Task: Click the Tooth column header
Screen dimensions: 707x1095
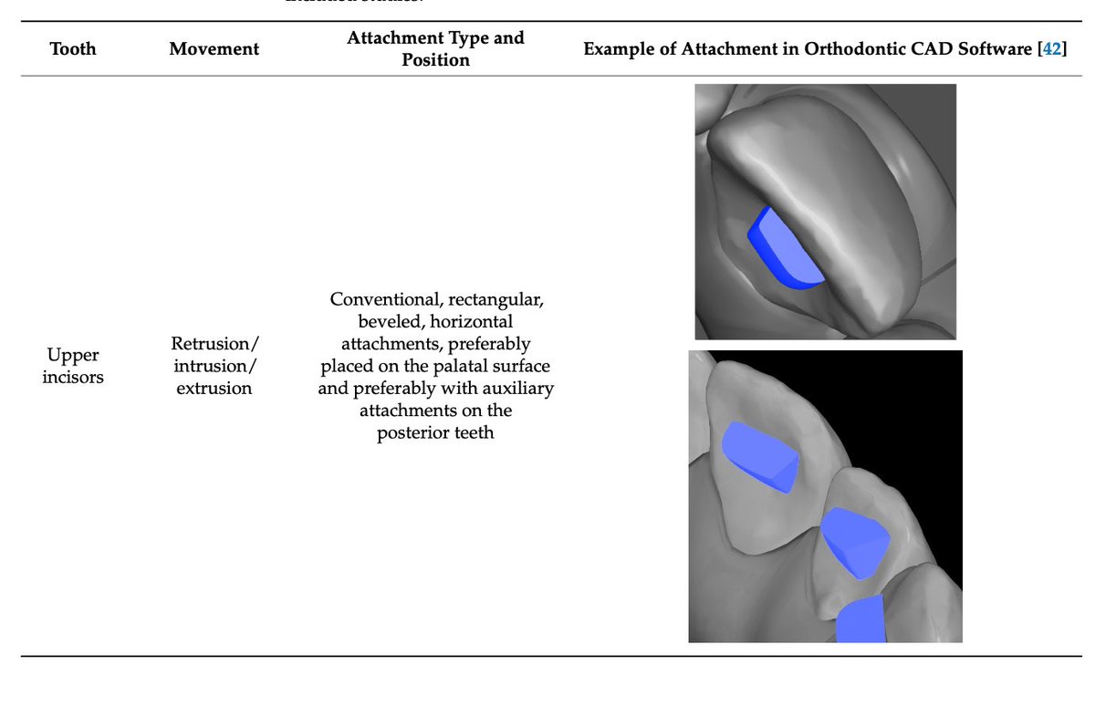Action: pos(72,48)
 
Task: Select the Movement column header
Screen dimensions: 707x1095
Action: pos(214,48)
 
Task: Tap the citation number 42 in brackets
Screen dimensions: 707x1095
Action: pos(1052,48)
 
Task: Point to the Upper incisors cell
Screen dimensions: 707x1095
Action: pos(72,366)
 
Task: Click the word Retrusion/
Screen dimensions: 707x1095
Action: pos(214,344)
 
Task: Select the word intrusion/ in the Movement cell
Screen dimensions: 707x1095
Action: pos(214,366)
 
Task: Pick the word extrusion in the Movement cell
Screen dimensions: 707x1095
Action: pos(214,388)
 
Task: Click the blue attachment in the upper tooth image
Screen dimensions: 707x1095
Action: pos(784,247)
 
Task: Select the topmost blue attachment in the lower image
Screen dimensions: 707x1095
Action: pos(759,456)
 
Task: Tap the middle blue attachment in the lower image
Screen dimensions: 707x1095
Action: pos(855,541)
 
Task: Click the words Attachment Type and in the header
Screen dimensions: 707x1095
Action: pos(435,38)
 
